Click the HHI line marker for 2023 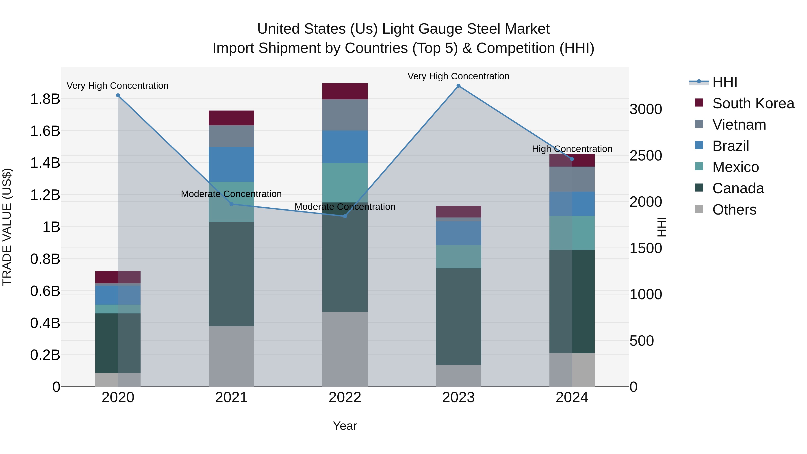[x=458, y=86]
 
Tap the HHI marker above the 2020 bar [x=118, y=96]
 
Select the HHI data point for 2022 [x=345, y=216]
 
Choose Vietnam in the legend [x=739, y=125]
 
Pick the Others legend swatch [x=699, y=209]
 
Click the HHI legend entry [x=725, y=82]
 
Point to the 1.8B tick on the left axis [x=45, y=99]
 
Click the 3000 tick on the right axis [x=646, y=110]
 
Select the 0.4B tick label [x=45, y=323]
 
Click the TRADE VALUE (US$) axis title [x=7, y=227]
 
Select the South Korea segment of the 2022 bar [x=345, y=91]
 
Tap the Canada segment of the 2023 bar [x=458, y=316]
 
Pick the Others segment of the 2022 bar [x=345, y=349]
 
